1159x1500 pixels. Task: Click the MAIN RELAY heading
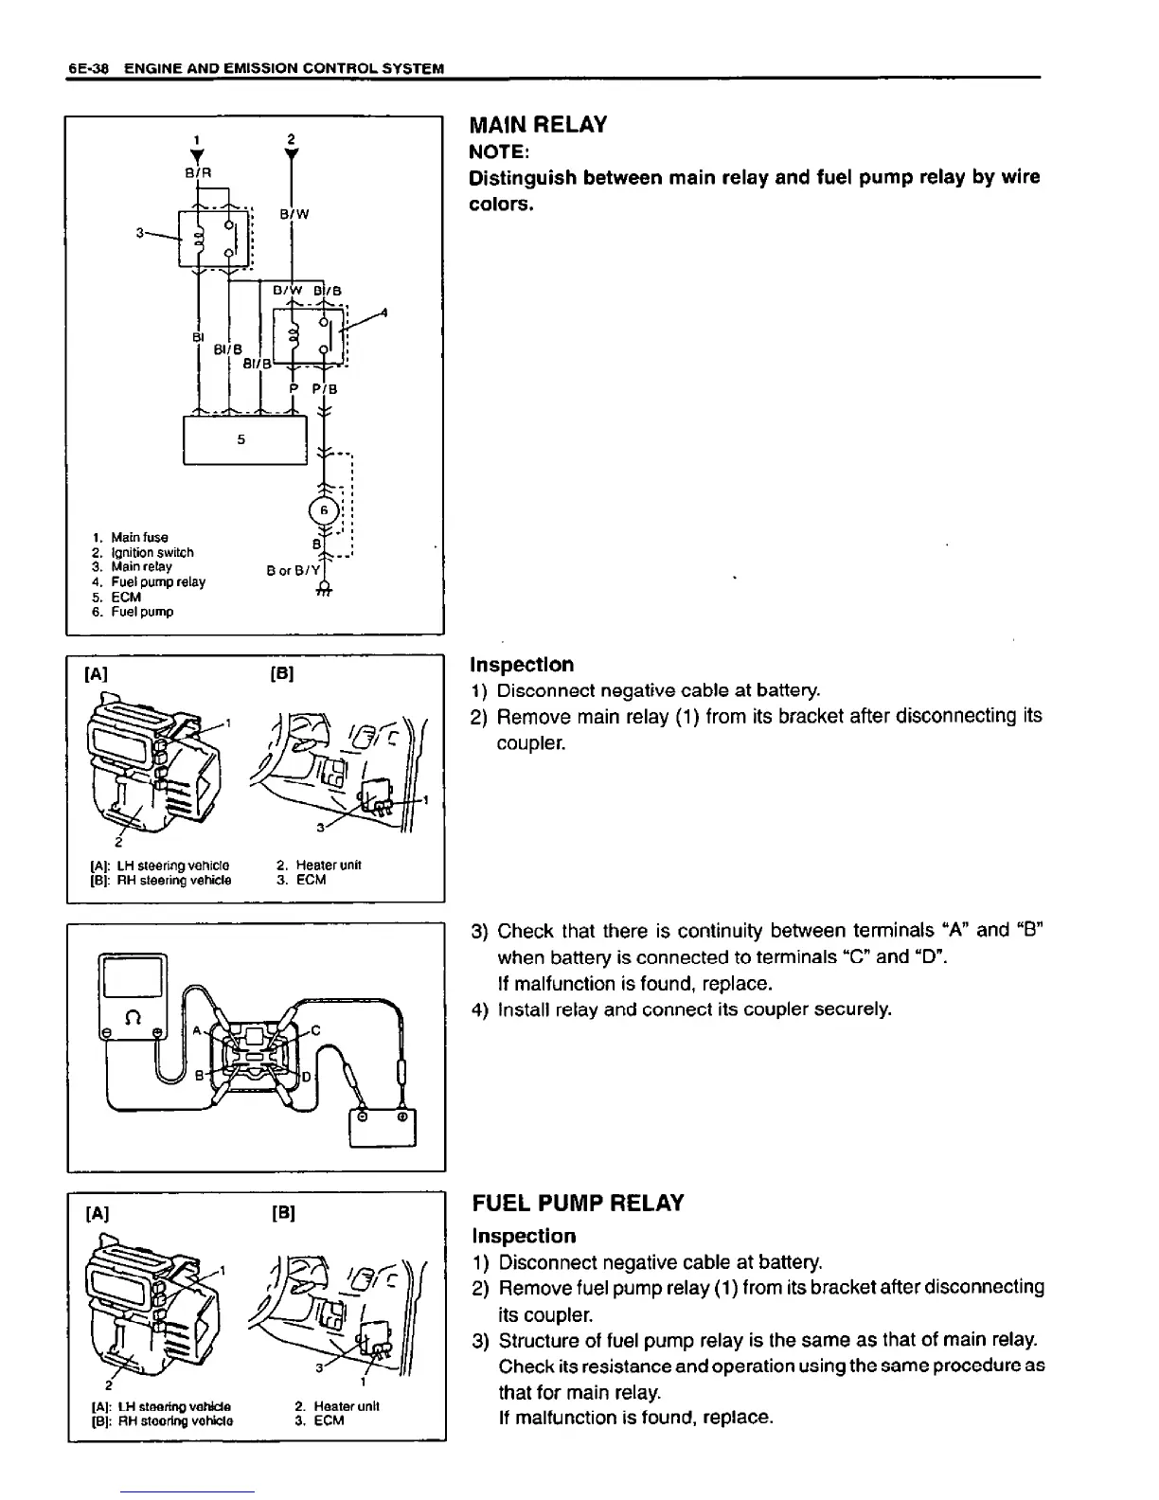(x=538, y=125)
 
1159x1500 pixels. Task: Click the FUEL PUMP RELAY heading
(x=577, y=1204)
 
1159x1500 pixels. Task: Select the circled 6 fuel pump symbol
(x=323, y=509)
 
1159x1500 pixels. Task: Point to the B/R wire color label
(x=197, y=172)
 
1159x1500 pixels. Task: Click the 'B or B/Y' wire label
(x=292, y=571)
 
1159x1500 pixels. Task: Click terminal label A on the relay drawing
(x=198, y=1031)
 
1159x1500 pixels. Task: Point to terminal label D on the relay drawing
(x=306, y=1078)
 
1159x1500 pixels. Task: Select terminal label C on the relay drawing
(x=315, y=1030)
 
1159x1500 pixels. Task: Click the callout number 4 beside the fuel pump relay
(x=383, y=312)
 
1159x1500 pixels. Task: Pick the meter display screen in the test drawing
(x=133, y=975)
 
